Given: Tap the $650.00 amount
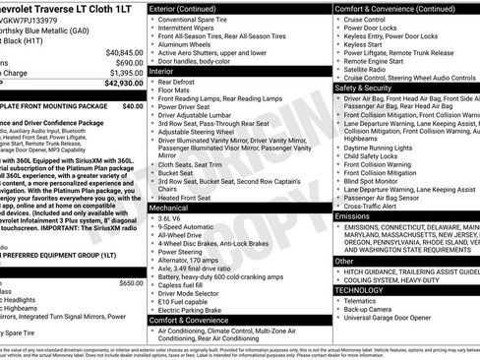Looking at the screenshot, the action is [x=130, y=282].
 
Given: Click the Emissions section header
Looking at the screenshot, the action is [x=354, y=215].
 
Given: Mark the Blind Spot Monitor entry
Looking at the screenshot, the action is [x=379, y=181].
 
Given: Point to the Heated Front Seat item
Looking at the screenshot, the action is [x=187, y=197].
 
